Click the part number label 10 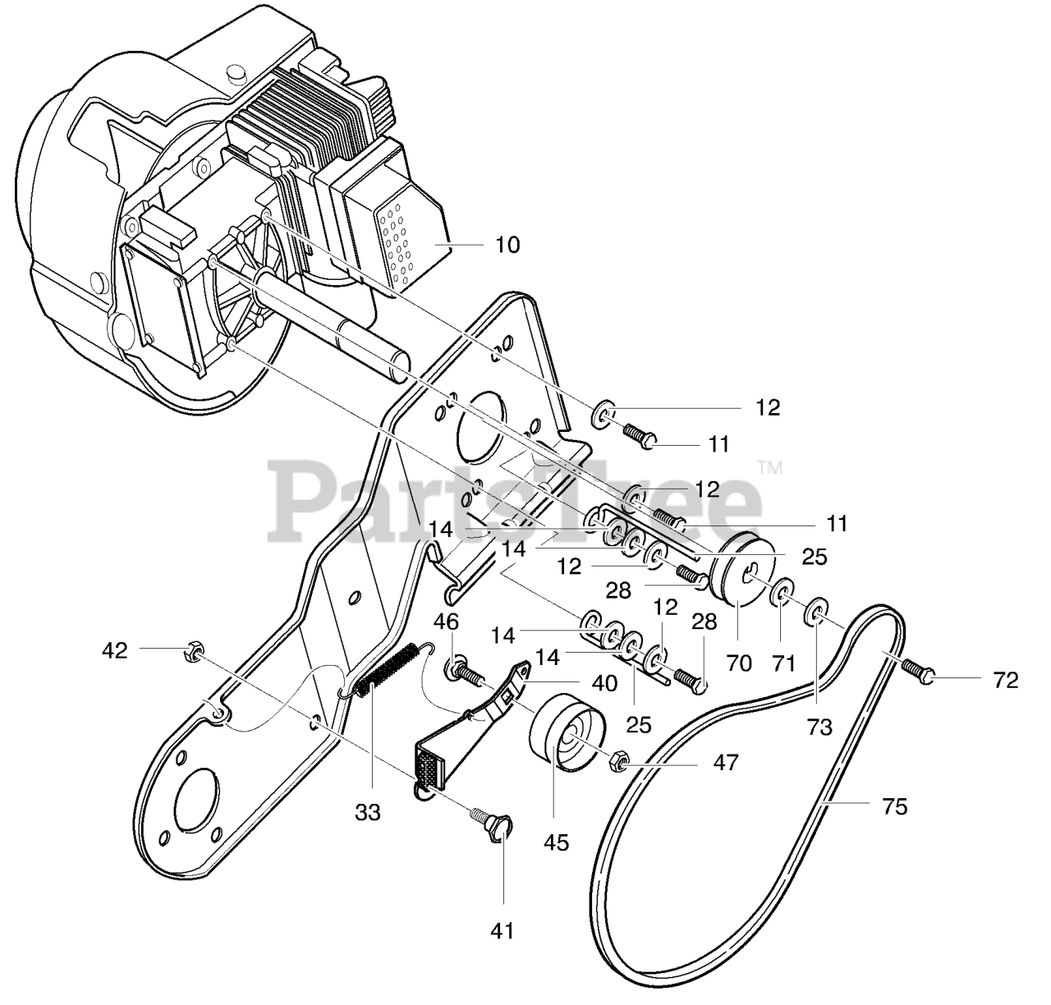click(507, 245)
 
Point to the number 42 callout click(115, 650)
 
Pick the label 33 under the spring click(368, 812)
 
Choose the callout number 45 click(556, 842)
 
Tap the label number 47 click(725, 763)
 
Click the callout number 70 click(739, 662)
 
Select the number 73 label click(819, 727)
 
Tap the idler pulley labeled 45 click(567, 732)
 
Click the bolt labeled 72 click(917, 672)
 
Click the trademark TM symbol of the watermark click(769, 470)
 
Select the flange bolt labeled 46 click(465, 672)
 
